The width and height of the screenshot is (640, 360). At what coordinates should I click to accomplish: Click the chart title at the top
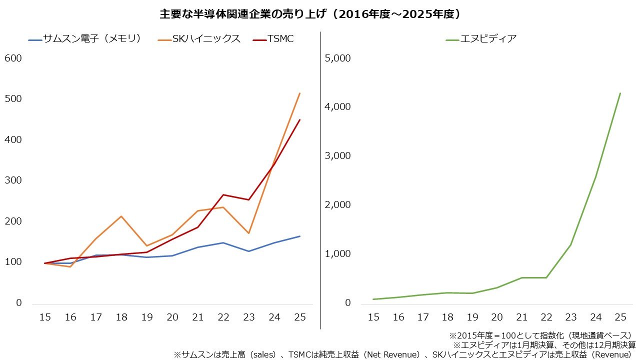point(310,14)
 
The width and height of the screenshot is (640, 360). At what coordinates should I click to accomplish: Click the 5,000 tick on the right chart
point(338,58)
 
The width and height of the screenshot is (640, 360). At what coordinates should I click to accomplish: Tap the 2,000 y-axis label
point(338,205)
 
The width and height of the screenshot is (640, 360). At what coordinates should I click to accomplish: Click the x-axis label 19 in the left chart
point(147,317)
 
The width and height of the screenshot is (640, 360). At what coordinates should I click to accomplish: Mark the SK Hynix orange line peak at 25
point(299,93)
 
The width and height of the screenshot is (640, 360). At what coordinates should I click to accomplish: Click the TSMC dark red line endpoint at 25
point(299,119)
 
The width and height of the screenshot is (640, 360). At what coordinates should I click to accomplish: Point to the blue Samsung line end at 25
point(299,236)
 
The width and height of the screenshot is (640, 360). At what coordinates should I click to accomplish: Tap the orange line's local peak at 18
point(121,216)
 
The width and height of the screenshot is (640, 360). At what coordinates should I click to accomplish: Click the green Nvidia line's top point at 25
point(620,93)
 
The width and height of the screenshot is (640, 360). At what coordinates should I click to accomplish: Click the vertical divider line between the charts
point(320,180)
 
